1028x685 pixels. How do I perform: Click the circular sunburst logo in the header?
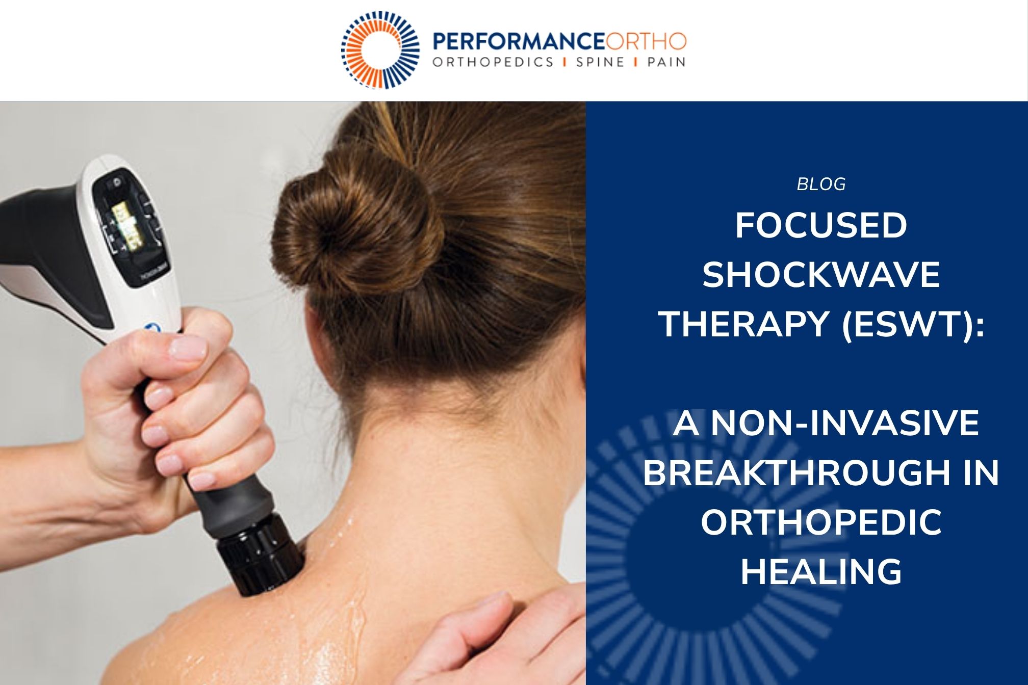point(380,50)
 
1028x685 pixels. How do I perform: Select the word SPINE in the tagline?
point(600,62)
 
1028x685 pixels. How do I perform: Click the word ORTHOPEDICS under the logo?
point(493,62)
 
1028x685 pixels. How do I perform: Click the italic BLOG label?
point(821,184)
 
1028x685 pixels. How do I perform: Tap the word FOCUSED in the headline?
point(821,225)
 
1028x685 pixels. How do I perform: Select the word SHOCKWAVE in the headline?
point(821,275)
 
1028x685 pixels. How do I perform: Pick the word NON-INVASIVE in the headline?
point(845,423)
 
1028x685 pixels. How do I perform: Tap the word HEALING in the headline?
point(821,571)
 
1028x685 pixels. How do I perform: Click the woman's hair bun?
point(357,224)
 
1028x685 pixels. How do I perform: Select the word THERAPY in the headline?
point(742,324)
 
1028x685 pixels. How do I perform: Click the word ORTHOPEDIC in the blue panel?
point(821,522)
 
